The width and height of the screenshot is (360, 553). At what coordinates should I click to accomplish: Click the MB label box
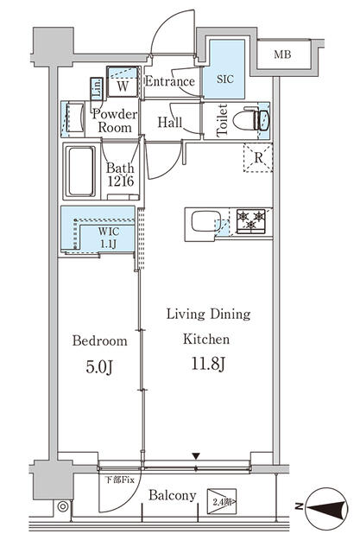click(282, 55)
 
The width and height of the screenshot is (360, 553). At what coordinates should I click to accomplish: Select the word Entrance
click(169, 82)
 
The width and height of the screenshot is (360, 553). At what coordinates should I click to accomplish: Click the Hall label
click(170, 124)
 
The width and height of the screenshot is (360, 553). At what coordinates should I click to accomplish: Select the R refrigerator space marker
click(257, 158)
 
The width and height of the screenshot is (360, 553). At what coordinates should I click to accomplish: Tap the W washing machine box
click(123, 86)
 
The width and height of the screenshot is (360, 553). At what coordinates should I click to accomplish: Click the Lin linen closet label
click(97, 87)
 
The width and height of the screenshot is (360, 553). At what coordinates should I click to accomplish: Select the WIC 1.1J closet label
click(108, 238)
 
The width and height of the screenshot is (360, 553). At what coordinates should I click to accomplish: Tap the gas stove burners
click(251, 221)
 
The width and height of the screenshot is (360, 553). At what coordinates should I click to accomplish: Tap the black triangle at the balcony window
click(196, 456)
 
